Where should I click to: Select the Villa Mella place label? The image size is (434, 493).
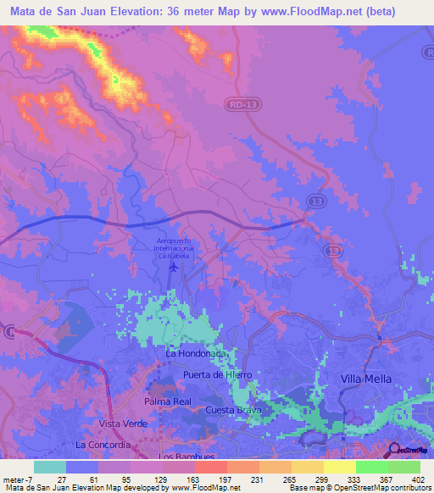coord(367,379)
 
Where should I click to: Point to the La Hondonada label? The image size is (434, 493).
coord(197,352)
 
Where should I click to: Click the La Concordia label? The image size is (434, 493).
coord(103,444)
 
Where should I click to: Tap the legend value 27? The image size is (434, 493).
coord(62,479)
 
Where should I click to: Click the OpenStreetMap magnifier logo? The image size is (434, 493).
coord(395,449)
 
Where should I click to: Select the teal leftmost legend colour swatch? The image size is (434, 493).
coord(50,467)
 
